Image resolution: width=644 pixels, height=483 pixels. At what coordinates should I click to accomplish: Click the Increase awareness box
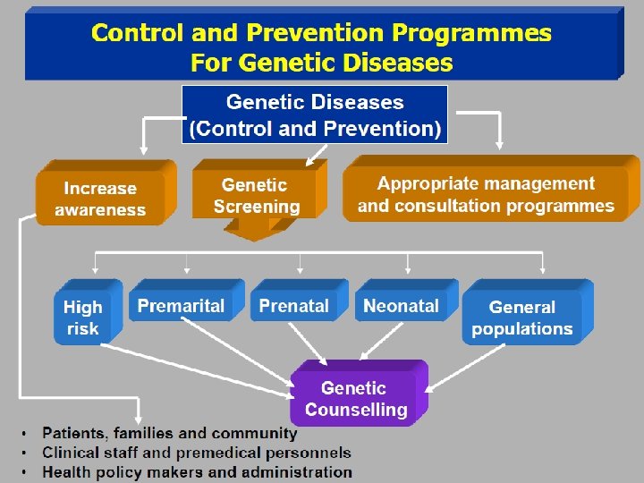(x=100, y=199)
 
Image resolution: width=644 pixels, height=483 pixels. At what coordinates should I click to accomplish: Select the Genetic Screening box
(x=257, y=195)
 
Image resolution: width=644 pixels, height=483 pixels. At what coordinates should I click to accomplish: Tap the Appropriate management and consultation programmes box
(x=486, y=194)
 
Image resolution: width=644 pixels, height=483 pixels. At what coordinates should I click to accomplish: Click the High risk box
(x=83, y=318)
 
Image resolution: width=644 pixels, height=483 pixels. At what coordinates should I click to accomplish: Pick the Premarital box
(x=182, y=306)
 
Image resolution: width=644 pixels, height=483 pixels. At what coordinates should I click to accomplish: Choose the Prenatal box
(x=294, y=306)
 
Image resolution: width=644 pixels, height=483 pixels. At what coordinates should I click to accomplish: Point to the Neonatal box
(x=402, y=306)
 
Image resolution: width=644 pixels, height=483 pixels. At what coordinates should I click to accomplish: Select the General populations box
(x=522, y=318)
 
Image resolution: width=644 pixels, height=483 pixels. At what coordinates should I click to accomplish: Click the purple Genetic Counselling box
(x=354, y=399)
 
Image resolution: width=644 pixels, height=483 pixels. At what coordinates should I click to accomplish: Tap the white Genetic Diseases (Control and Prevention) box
(x=315, y=114)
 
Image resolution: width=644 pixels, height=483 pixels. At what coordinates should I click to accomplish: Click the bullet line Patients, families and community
(x=170, y=433)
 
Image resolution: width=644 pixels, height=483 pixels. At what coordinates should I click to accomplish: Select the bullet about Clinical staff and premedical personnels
(x=197, y=453)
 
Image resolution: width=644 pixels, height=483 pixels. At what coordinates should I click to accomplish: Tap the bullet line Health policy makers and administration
(x=198, y=471)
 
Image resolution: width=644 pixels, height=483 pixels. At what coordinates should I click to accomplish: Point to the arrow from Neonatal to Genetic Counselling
(x=394, y=343)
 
